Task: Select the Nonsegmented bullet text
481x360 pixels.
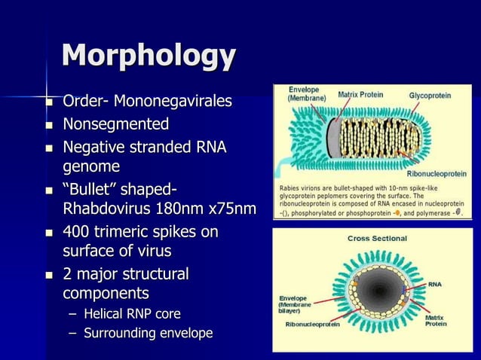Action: point(115,124)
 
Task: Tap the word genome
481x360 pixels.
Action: point(91,165)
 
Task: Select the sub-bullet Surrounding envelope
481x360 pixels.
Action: point(148,332)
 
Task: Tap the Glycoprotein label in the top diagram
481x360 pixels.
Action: point(430,96)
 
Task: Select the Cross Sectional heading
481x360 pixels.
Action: point(376,238)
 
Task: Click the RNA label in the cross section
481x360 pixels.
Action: point(435,285)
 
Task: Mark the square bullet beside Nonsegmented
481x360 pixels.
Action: point(50,124)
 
